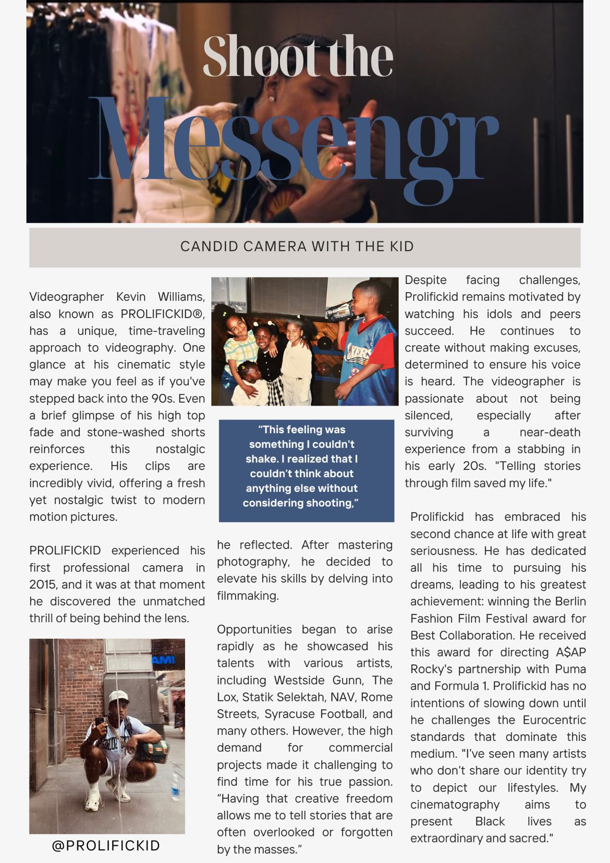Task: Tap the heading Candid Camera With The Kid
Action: pyautogui.click(x=297, y=246)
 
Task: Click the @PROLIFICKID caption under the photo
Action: pyautogui.click(x=106, y=845)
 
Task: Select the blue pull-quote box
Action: pyautogui.click(x=306, y=470)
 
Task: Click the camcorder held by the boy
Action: pyautogui.click(x=339, y=311)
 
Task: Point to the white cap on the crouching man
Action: pyautogui.click(x=118, y=696)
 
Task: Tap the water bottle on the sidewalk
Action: pyautogui.click(x=175, y=787)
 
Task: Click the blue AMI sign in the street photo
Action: pyautogui.click(x=163, y=660)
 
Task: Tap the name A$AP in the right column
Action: pyautogui.click(x=571, y=652)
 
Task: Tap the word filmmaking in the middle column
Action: pyautogui.click(x=248, y=595)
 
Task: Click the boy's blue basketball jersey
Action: pyautogui.click(x=368, y=355)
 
